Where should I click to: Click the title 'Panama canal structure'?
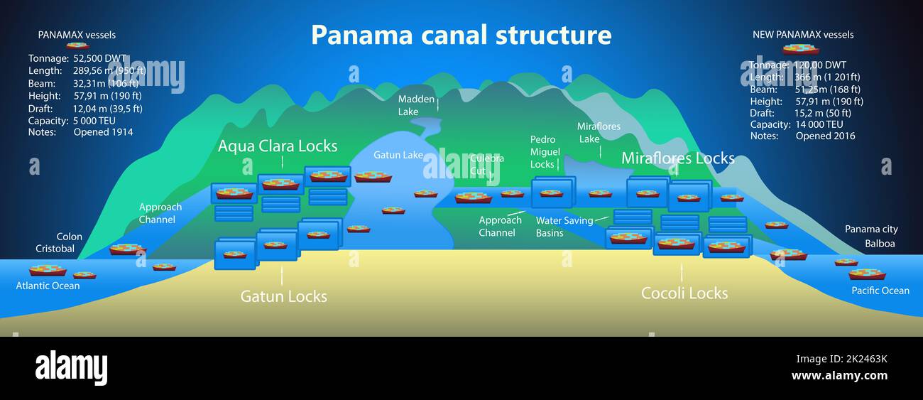click(461, 35)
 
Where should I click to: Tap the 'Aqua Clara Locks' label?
click(278, 146)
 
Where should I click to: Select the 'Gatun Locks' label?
click(283, 296)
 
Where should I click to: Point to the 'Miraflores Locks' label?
click(677, 158)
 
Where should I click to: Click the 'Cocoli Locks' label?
click(684, 293)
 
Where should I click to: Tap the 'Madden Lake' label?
click(416, 105)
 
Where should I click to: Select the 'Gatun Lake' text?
click(398, 155)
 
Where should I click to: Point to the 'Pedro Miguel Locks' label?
click(545, 152)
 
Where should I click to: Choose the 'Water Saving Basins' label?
click(564, 227)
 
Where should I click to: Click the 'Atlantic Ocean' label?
click(48, 286)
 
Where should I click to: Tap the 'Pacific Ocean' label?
click(880, 290)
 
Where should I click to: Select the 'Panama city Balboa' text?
click(871, 237)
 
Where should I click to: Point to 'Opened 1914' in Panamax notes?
click(103, 132)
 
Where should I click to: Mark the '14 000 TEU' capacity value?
click(819, 124)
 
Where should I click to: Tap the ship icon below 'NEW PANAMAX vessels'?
click(800, 49)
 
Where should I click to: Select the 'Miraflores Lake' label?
click(598, 133)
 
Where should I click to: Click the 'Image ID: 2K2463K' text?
click(841, 359)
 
